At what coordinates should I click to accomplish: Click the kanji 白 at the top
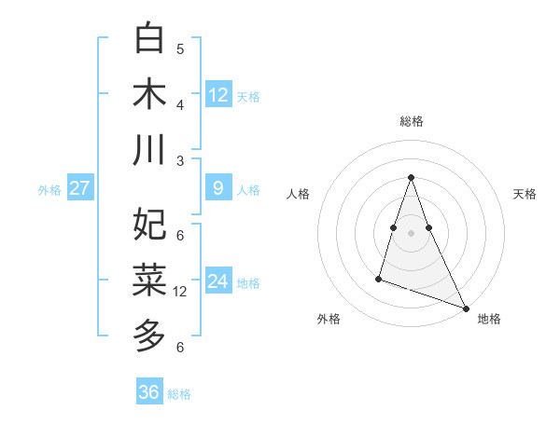pyautogui.click(x=149, y=39)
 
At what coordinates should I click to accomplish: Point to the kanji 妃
pyautogui.click(x=149, y=224)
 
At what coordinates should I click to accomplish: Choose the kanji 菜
pyautogui.click(x=149, y=278)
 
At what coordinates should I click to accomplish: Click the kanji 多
pyautogui.click(x=149, y=334)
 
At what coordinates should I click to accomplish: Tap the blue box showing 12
pyautogui.click(x=218, y=94)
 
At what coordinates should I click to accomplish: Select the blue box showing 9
pyautogui.click(x=218, y=188)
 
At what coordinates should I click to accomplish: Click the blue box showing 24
pyautogui.click(x=218, y=281)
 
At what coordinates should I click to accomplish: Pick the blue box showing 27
pyautogui.click(x=79, y=188)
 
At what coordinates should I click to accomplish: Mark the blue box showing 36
pyautogui.click(x=149, y=392)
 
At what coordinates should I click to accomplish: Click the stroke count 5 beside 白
pyautogui.click(x=180, y=48)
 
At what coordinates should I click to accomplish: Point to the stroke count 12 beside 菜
pyautogui.click(x=180, y=291)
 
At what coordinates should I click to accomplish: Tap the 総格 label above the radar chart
pyautogui.click(x=411, y=121)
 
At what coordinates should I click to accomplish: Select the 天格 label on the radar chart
pyautogui.click(x=525, y=194)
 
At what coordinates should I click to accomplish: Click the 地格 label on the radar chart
pyautogui.click(x=489, y=319)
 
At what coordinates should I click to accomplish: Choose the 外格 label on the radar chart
pyautogui.click(x=329, y=319)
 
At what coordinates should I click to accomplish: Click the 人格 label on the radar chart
pyautogui.click(x=298, y=194)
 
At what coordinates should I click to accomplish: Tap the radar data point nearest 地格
pyautogui.click(x=466, y=308)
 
